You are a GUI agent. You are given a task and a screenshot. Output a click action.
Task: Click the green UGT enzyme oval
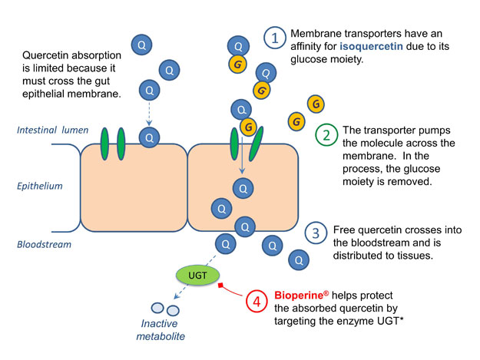tap(197, 275)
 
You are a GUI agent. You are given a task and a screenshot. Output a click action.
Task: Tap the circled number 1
tap(275, 38)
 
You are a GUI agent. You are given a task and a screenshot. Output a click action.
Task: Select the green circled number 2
tap(326, 135)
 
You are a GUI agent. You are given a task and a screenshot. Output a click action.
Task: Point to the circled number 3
tap(316, 233)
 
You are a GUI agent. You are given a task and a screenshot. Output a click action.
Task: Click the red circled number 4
tap(257, 301)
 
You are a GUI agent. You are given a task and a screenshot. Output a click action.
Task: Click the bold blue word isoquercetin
tap(371, 47)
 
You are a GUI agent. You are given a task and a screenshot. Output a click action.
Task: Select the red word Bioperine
tap(299, 296)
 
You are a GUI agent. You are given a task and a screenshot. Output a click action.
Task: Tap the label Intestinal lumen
tap(53, 130)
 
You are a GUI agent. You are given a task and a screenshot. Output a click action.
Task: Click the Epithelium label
tap(40, 186)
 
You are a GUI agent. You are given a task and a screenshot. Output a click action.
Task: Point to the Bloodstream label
tap(44, 244)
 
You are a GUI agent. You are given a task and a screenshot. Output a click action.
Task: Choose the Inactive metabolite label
tap(161, 330)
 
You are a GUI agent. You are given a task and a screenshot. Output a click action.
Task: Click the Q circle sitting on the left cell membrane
tap(150, 137)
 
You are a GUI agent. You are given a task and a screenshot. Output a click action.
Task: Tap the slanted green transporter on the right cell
tap(256, 144)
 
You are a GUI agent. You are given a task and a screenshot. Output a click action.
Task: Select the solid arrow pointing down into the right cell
tap(242, 156)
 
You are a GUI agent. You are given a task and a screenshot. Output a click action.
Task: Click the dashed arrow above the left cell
tap(149, 114)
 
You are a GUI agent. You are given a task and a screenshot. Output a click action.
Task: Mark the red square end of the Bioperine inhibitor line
tap(220, 285)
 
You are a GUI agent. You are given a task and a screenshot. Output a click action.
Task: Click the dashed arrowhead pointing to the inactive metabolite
tap(176, 296)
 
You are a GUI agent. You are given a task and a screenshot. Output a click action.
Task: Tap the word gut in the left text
tap(104, 81)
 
